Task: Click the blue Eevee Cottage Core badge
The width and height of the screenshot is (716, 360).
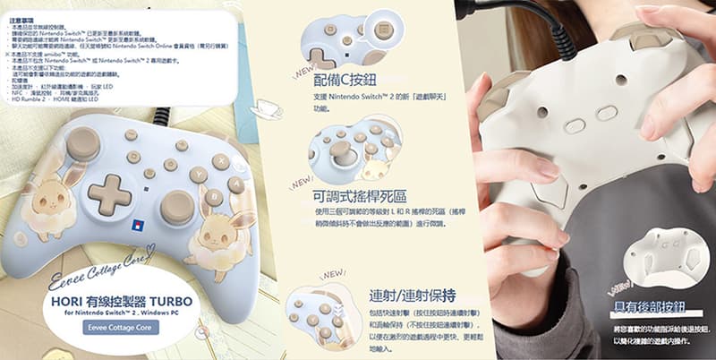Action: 120,328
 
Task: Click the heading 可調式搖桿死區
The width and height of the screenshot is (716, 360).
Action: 360,194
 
